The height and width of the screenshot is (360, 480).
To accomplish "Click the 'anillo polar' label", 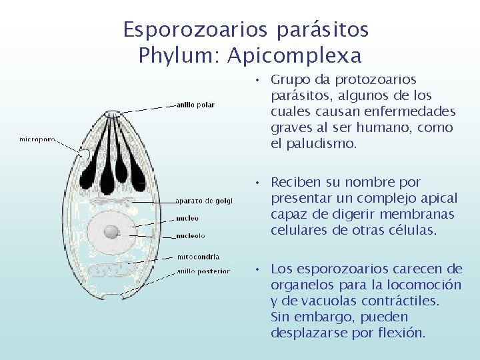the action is tap(195, 105).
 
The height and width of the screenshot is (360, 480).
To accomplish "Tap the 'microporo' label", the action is tap(37, 139).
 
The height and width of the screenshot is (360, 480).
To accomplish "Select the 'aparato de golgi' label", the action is tap(204, 201).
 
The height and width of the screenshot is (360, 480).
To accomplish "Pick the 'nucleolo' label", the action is tap(190, 235).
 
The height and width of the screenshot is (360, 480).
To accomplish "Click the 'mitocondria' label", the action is tap(197, 256).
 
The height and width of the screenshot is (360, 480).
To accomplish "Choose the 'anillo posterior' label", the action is tap(203, 271).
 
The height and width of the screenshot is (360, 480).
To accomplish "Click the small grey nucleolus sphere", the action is tap(112, 231).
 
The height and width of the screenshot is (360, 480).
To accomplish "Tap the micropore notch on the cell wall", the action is tap(85, 155).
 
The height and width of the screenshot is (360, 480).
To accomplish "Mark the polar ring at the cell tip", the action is tap(112, 113).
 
